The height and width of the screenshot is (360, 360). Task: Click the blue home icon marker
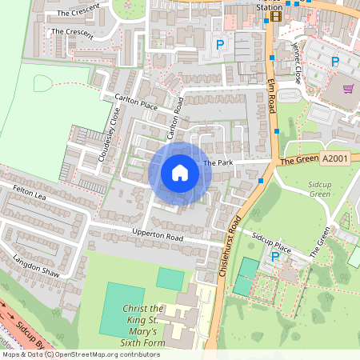[x=180, y=173]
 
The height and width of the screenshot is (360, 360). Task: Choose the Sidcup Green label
[x=320, y=189]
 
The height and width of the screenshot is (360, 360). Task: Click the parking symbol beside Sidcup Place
[x=276, y=257]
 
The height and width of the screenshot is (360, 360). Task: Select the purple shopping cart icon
[x=348, y=89]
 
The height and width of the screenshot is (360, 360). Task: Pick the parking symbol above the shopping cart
[x=336, y=61]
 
